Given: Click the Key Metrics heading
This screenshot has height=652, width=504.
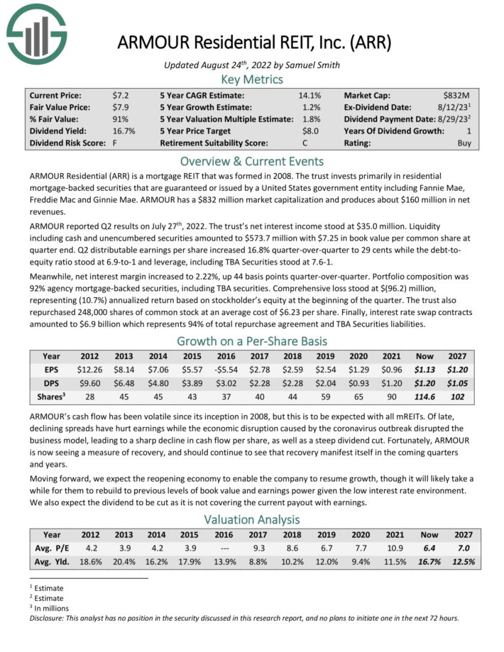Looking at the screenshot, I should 252,79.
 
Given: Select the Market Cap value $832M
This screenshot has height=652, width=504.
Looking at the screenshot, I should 465,94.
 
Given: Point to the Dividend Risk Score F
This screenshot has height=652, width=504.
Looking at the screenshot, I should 114,143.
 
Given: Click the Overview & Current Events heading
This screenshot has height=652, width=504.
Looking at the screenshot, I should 252,160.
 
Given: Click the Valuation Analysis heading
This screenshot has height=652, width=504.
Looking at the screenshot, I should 252,519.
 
